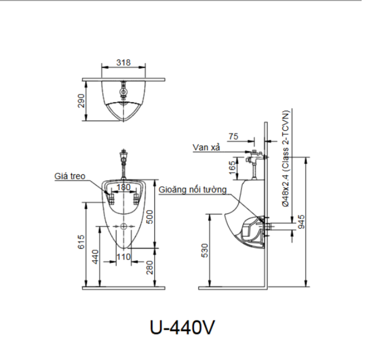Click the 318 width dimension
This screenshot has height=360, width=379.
(123, 63)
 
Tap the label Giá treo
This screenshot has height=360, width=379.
(70, 176)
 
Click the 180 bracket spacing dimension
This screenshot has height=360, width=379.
(123, 187)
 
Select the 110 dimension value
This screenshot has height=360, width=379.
(123, 257)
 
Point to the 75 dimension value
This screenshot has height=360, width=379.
(233, 136)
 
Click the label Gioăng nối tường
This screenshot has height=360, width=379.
(192, 190)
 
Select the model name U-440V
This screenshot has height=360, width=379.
(182, 327)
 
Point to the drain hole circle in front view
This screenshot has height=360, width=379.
(123, 226)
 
